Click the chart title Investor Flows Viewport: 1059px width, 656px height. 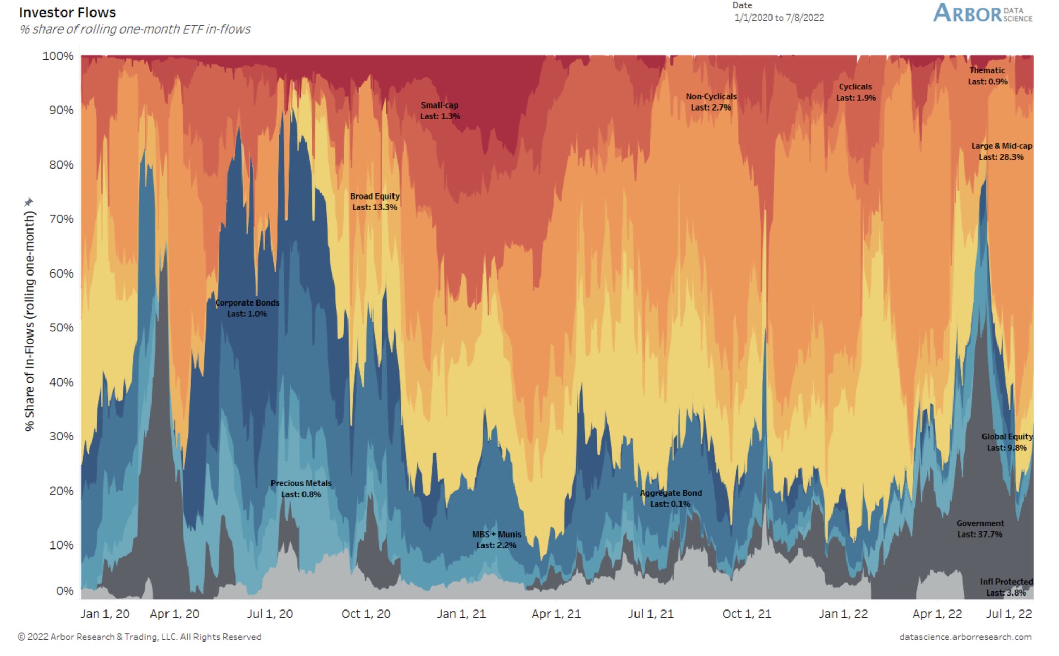(67, 12)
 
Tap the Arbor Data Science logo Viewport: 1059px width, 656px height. (982, 13)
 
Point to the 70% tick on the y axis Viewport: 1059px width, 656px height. (62, 219)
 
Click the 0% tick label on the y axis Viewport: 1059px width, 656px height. (65, 591)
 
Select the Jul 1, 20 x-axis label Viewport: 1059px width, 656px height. (269, 614)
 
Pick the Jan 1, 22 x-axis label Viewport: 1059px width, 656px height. (843, 614)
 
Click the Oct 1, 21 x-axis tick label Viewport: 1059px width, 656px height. (747, 614)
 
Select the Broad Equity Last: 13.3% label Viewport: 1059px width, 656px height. (374, 202)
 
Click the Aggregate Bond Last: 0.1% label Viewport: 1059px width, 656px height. (671, 498)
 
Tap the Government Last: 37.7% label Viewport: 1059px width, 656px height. (980, 529)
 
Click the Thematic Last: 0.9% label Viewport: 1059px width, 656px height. (987, 76)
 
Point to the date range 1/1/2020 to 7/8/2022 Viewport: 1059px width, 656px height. (779, 18)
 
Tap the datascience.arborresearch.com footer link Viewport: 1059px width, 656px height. (965, 637)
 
